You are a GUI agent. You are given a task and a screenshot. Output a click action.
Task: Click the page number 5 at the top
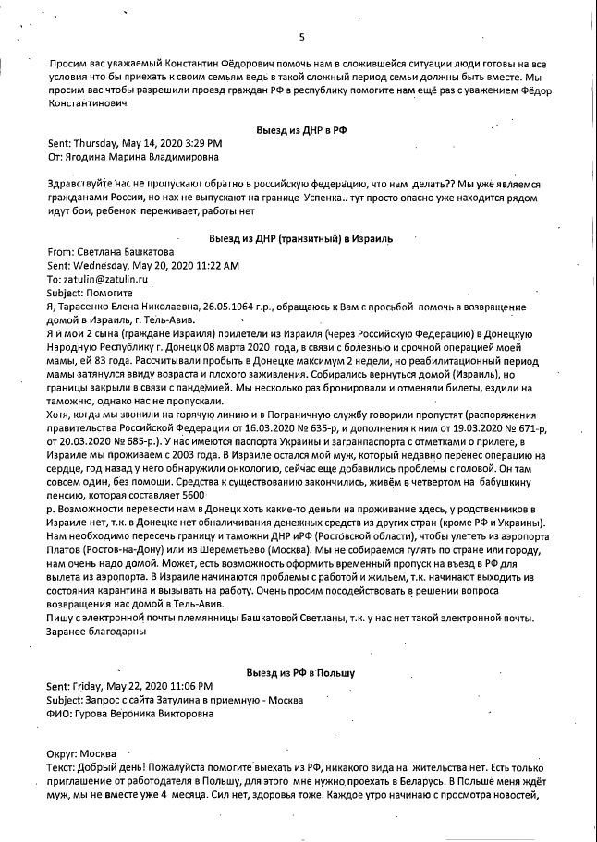pos(301,37)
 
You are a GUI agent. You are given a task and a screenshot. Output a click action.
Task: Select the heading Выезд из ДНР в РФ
pos(302,132)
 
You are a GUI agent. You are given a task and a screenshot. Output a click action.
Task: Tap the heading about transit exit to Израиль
pos(302,238)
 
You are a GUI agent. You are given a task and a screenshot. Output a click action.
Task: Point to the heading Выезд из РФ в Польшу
pos(301,674)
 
